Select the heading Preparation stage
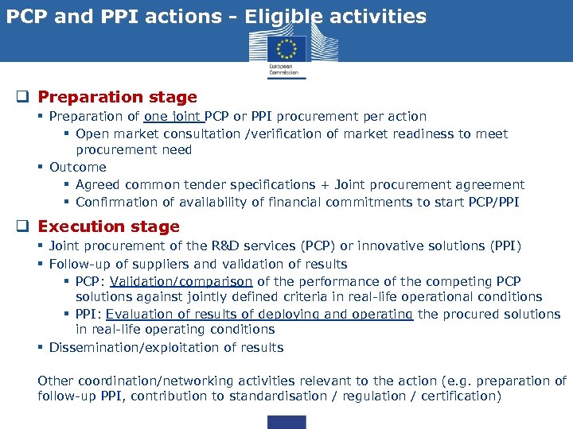(117, 97)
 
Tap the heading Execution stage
(108, 226)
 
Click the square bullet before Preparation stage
(25, 98)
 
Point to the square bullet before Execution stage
(25, 227)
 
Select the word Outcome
(77, 167)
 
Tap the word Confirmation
(115, 202)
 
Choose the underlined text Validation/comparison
(181, 281)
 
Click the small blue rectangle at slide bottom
(286, 422)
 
